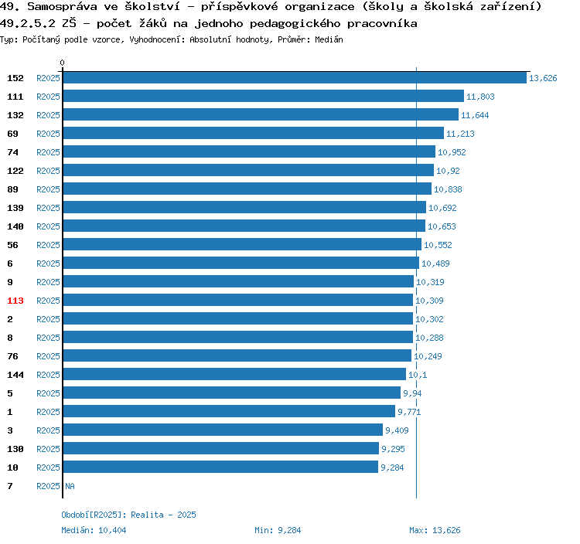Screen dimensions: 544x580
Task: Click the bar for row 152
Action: [x=295, y=78]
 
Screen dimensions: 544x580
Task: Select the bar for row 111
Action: [x=263, y=97]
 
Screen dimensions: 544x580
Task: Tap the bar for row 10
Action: [x=220, y=467]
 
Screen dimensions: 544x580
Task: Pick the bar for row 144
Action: [x=234, y=375]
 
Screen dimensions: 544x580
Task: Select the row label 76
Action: [x=13, y=356]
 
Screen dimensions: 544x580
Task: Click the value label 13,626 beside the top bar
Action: [x=543, y=78]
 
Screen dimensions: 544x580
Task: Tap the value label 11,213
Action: [x=460, y=134]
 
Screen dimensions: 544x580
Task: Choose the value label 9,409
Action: [x=397, y=430]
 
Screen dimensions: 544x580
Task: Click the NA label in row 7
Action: [x=70, y=486]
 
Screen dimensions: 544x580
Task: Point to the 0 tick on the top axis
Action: [x=63, y=63]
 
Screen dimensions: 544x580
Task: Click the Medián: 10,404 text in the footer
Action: [x=94, y=530]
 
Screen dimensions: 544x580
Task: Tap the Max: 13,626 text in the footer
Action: [x=435, y=530]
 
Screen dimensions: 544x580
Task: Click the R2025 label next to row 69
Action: [x=48, y=134]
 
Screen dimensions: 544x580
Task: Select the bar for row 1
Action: [x=229, y=412]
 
